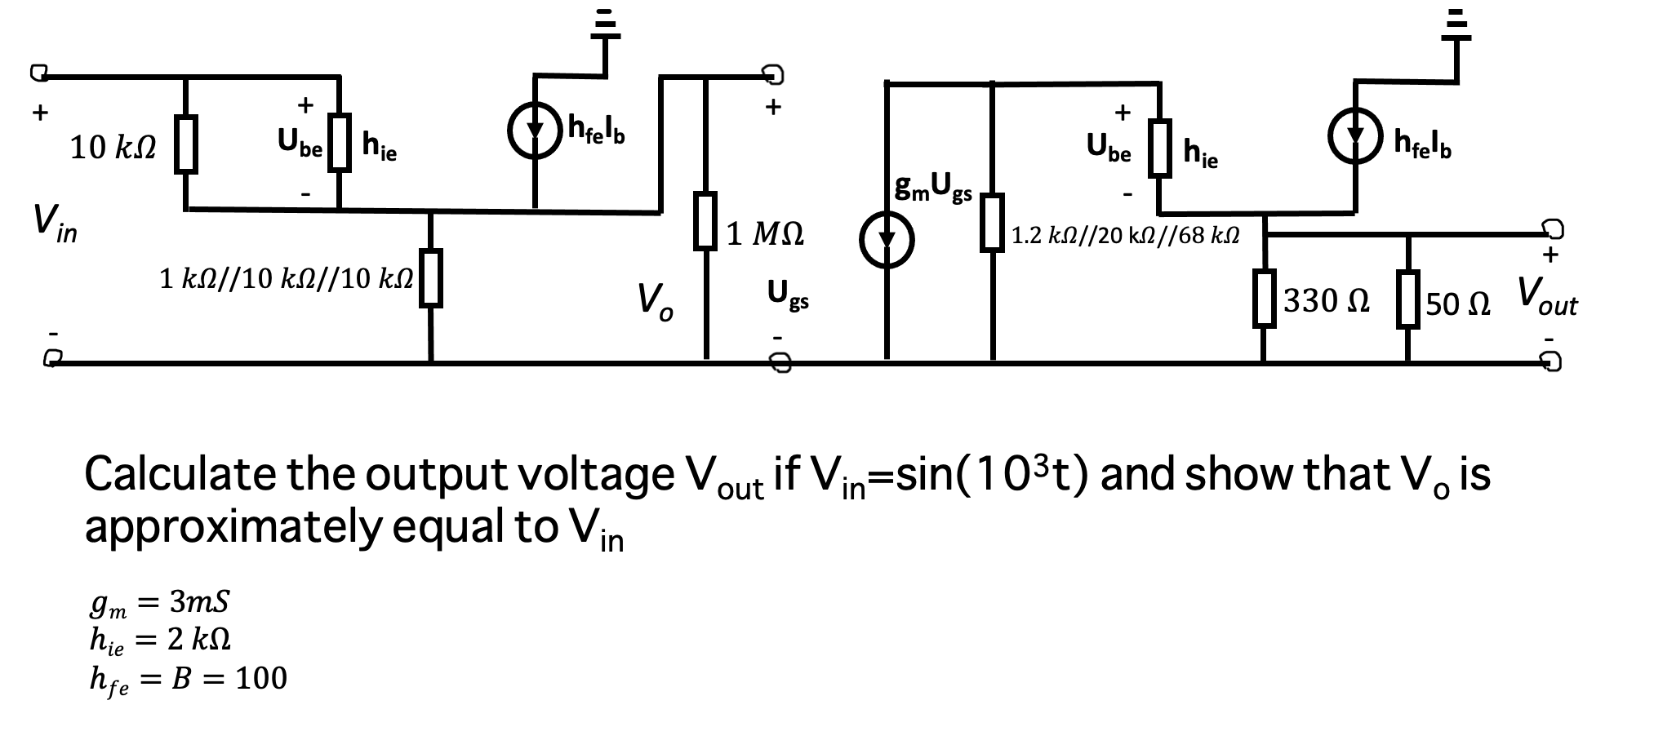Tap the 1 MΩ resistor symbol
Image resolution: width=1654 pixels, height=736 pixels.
[706, 220]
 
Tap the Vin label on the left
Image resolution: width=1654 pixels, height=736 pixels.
[55, 223]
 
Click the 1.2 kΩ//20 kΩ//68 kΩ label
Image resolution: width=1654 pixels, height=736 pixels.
[1125, 237]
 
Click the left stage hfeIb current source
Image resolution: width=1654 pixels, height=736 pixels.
[535, 132]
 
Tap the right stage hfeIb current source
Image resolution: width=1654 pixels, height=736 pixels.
[1355, 136]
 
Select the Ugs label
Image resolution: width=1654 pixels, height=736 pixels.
[788, 295]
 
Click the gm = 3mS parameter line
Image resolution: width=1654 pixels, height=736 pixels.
[159, 603]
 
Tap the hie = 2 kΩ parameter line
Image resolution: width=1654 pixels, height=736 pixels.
[159, 640]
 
